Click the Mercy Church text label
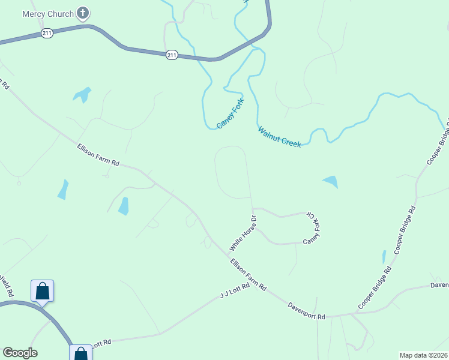(x=47, y=14)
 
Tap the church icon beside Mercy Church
(x=83, y=13)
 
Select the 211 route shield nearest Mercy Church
(x=47, y=34)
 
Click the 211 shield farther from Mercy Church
(x=172, y=55)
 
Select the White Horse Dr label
(x=243, y=233)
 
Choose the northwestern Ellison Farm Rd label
(x=98, y=155)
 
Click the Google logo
(x=20, y=353)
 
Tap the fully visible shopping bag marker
(x=42, y=292)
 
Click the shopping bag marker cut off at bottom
(x=80, y=353)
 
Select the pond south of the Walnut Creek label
(x=331, y=181)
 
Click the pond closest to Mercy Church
(x=82, y=95)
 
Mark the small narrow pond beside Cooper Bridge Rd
(x=384, y=257)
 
